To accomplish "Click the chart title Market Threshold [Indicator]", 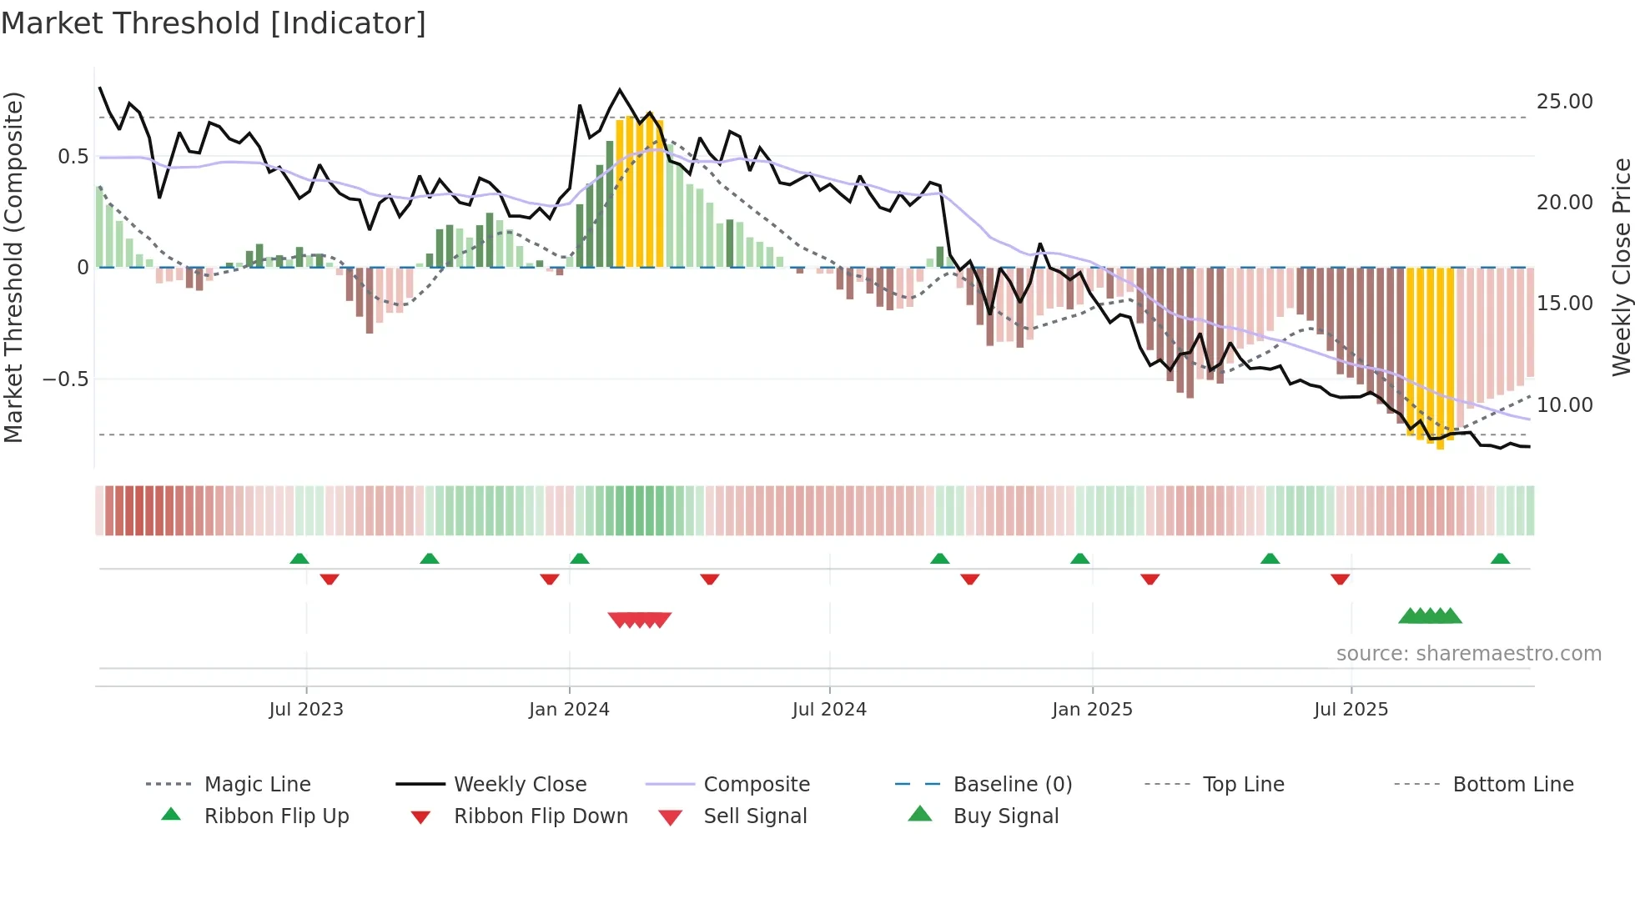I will (x=214, y=23).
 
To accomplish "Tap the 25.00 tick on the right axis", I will (x=1564, y=102).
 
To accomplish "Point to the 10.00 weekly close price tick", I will (x=1564, y=405).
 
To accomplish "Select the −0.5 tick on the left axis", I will (x=65, y=379).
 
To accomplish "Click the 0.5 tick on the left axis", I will (x=73, y=157).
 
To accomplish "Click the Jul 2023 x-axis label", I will (x=306, y=710).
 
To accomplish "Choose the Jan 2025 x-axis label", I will (x=1092, y=710).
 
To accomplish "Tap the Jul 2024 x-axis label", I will (x=829, y=710).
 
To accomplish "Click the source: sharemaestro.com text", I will (x=1468, y=654).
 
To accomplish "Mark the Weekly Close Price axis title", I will (x=1621, y=267).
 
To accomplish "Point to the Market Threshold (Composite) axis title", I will (x=13, y=267).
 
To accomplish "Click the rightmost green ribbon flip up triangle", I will (x=1500, y=559).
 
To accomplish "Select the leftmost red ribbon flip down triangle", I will (x=330, y=579).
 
